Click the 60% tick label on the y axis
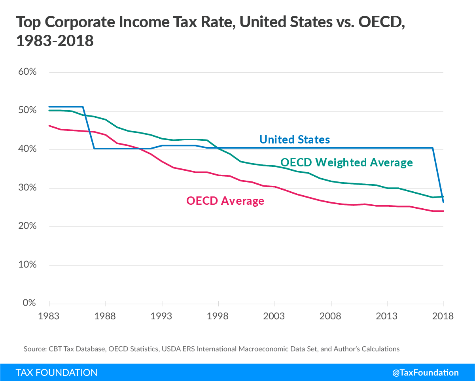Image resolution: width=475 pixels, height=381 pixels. (27, 72)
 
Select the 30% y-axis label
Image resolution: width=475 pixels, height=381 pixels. (27, 188)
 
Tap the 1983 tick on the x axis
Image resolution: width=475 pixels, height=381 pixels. (49, 316)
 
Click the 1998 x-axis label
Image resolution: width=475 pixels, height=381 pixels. (218, 316)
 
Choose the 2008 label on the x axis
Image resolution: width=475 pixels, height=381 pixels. (331, 316)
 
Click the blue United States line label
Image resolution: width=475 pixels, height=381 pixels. (294, 140)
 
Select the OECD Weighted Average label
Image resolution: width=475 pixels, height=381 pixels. (346, 162)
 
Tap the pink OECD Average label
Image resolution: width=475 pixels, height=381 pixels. (225, 201)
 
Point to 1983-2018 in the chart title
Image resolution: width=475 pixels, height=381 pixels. (55, 41)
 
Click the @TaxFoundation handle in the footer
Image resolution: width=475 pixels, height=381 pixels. (426, 372)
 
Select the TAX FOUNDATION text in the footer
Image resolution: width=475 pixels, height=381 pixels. (57, 372)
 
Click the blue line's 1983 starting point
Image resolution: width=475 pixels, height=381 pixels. (49, 107)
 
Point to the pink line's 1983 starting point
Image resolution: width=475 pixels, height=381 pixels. (49, 126)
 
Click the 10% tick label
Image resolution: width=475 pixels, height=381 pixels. (27, 265)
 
